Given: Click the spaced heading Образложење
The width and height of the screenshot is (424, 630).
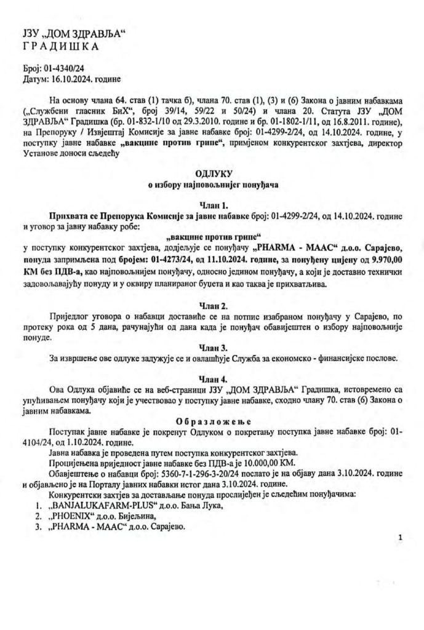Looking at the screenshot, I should (x=212, y=420).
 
